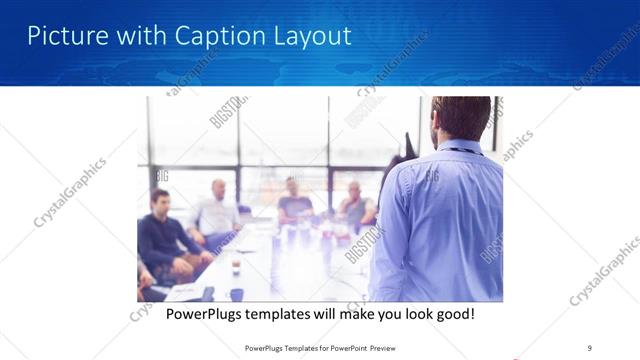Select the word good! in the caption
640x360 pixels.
click(x=452, y=314)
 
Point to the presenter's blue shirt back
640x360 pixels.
click(x=438, y=220)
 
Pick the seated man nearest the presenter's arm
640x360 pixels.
click(x=355, y=205)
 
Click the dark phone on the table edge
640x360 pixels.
click(x=207, y=293)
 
